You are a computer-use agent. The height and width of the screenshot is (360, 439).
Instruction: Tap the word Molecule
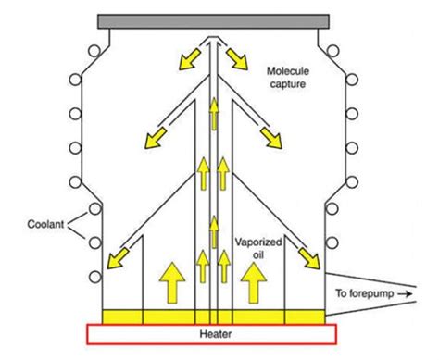point(289,71)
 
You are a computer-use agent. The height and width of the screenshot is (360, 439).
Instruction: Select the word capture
point(289,86)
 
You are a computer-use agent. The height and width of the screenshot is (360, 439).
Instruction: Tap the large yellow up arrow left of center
point(170,280)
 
